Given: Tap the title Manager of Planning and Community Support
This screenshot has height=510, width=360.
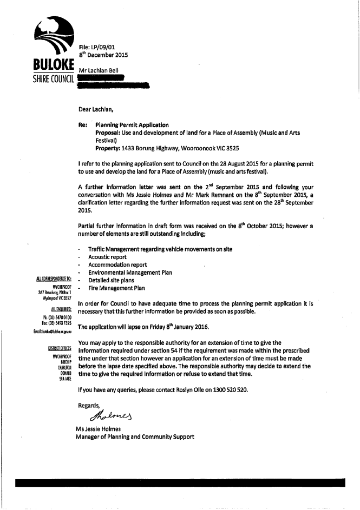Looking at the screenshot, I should (135, 436).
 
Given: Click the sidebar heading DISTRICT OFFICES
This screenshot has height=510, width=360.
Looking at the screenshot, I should (61, 349).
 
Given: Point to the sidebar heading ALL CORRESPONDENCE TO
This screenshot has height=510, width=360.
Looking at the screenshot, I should (54, 280).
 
